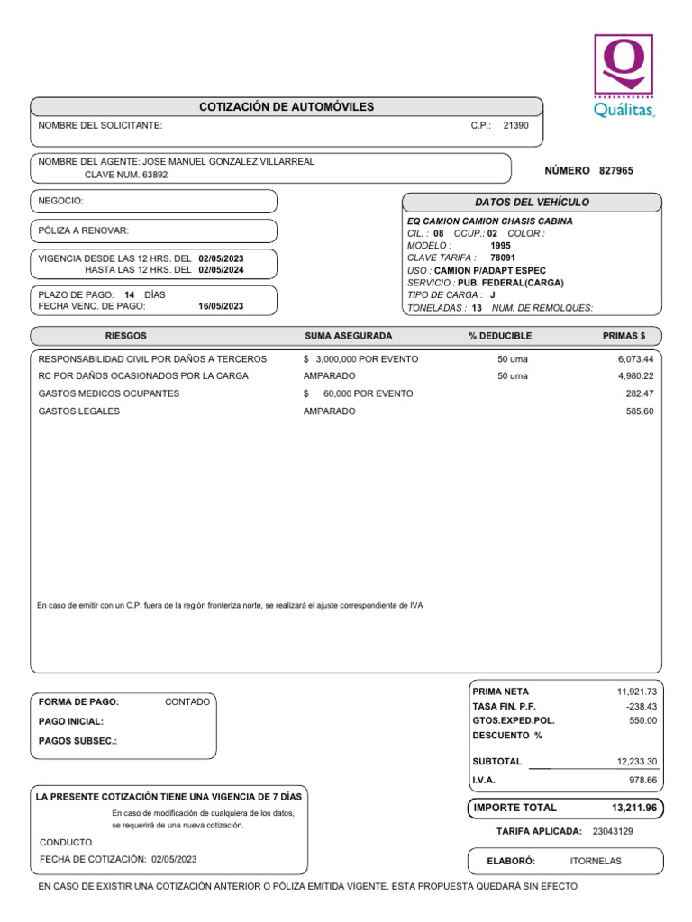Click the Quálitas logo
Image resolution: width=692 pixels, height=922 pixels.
(624, 76)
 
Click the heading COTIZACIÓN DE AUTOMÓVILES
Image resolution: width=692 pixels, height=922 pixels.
(287, 107)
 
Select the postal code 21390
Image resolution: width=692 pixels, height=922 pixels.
(515, 126)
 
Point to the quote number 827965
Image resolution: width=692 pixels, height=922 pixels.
(616, 170)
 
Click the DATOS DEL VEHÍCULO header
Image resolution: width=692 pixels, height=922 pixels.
(532, 203)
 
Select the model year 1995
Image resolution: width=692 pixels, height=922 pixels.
(501, 245)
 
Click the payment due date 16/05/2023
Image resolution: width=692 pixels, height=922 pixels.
(221, 306)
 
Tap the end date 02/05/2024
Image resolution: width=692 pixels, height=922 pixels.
(221, 269)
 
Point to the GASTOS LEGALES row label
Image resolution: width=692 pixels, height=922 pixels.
(79, 411)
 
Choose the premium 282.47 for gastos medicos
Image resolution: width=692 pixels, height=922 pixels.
(640, 393)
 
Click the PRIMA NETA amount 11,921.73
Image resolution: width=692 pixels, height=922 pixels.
(636, 691)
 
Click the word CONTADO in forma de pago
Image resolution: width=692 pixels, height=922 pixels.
(187, 701)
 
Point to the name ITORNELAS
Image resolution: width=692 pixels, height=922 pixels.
(596, 861)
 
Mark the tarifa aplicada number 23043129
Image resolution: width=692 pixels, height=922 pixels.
(614, 830)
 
